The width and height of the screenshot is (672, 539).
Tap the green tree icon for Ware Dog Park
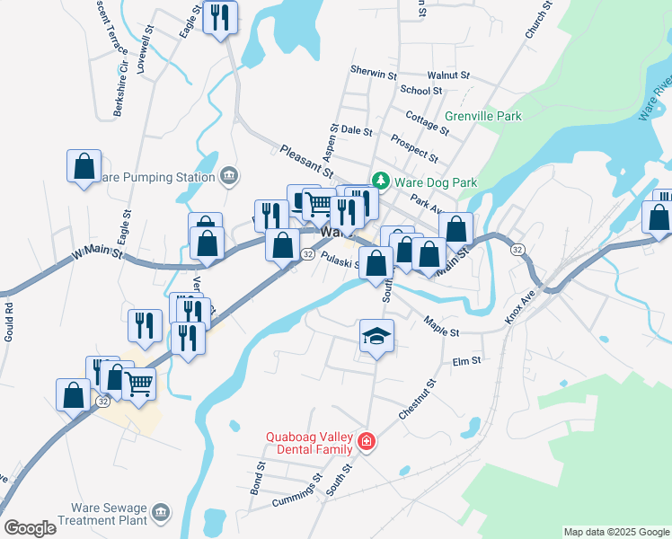[x=381, y=181]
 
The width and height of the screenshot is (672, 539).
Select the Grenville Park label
[x=483, y=117]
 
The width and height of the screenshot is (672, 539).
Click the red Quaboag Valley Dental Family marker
[x=366, y=441]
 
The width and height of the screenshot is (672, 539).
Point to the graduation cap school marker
[x=376, y=337]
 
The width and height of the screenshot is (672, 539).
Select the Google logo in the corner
[x=30, y=528]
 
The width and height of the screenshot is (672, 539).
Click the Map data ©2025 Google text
[x=616, y=532]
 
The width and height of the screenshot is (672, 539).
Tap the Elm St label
[x=467, y=361]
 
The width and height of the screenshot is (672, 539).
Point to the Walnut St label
[x=448, y=76]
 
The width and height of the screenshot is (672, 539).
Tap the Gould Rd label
[x=10, y=319]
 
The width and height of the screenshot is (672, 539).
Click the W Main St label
[x=98, y=256]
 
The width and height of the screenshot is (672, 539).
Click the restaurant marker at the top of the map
[x=220, y=18]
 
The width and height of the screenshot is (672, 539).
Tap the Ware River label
[x=655, y=99]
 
